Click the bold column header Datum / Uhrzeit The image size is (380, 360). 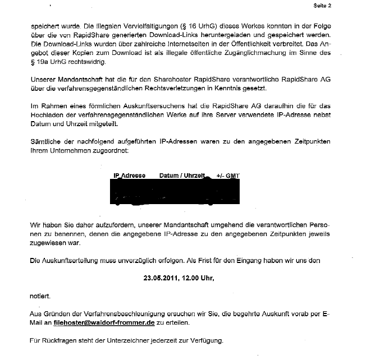pyautogui.click(x=182, y=176)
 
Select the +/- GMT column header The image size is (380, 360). pyautogui.click(x=228, y=176)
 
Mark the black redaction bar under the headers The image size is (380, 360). pyautogui.click(x=168, y=193)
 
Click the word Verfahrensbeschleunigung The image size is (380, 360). pyautogui.click(x=130, y=313)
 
